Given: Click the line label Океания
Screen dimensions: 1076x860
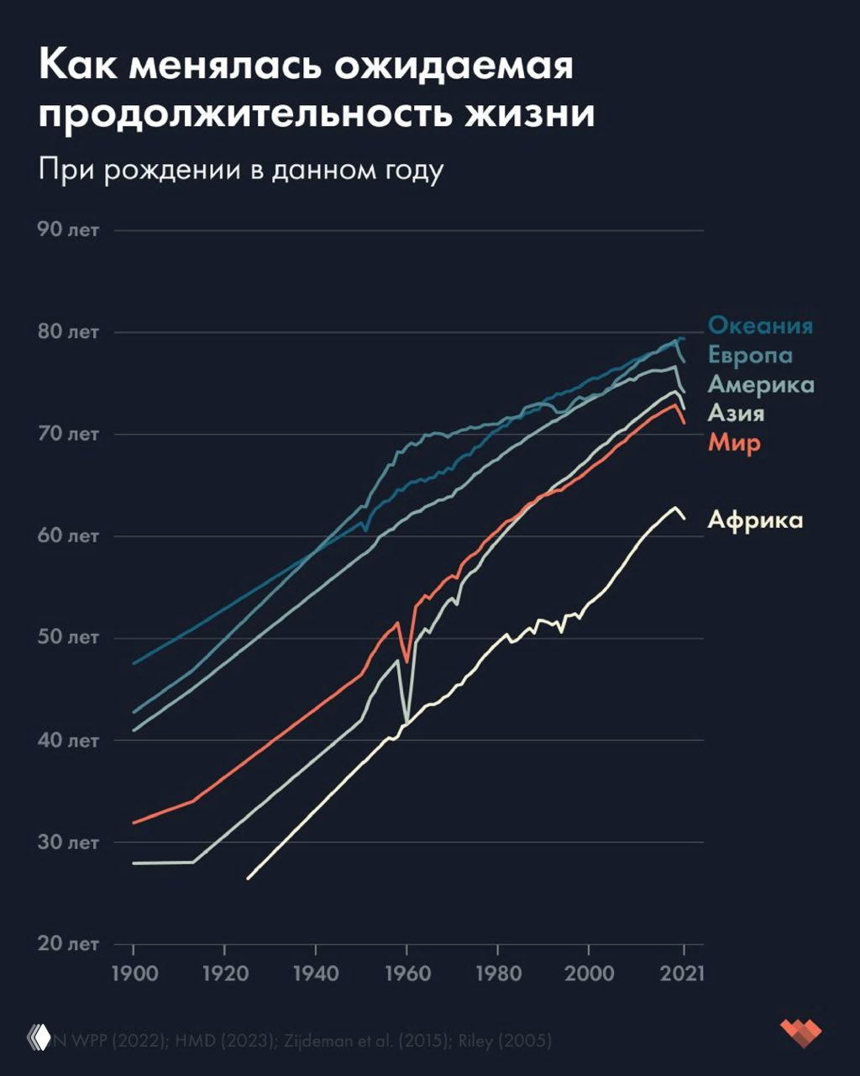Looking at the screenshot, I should (760, 325).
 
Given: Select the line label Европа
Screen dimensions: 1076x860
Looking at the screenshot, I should (750, 355).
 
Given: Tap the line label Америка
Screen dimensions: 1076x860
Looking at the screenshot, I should (761, 384).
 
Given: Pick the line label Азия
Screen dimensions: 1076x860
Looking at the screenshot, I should (736, 413).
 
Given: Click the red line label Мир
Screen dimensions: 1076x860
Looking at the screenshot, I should (733, 442).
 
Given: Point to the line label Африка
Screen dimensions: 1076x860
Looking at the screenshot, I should (755, 520).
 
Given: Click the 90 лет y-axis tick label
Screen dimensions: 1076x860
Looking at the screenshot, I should (68, 229).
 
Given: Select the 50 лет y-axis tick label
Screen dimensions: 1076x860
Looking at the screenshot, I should (68, 637).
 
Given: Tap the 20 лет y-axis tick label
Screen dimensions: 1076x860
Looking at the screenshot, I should (68, 943).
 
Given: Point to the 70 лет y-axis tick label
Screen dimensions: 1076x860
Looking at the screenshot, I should (68, 434).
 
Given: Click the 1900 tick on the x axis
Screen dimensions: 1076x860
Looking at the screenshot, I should (134, 974).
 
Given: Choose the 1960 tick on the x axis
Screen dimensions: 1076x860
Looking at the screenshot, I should (407, 974).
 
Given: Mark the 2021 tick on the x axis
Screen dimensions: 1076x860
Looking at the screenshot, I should (683, 974).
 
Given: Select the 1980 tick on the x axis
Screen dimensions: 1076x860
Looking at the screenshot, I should (498, 974).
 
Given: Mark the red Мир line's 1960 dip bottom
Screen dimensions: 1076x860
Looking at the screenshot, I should (407, 662).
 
